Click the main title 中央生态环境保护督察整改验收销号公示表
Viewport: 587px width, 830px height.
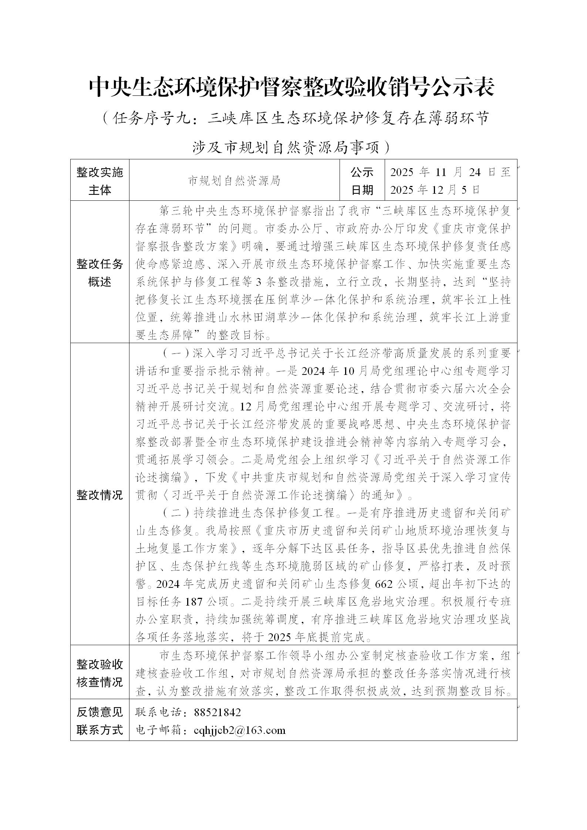tap(291, 88)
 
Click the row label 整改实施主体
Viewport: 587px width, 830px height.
tap(99, 181)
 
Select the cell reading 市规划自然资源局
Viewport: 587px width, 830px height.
tap(234, 181)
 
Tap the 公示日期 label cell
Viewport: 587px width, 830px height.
tap(362, 181)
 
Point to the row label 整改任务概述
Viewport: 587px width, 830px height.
tap(99, 273)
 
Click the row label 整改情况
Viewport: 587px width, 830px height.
tap(99, 495)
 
